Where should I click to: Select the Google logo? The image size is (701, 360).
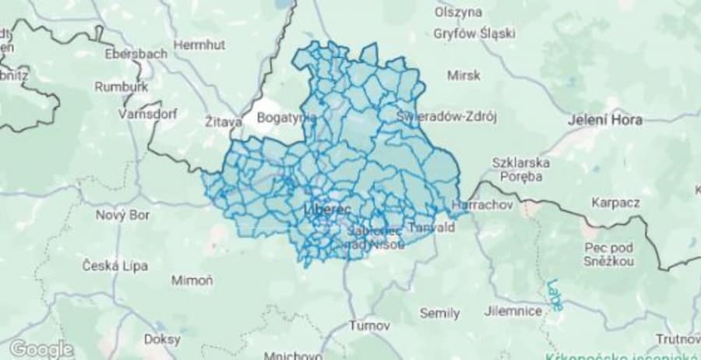pyautogui.click(x=41, y=348)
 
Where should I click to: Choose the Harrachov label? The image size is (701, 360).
pyautogui.click(x=477, y=205)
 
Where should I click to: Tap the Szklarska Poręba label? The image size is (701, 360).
pyautogui.click(x=522, y=169)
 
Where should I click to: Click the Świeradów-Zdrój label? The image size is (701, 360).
pyautogui.click(x=446, y=117)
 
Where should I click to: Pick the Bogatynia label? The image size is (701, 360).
pyautogui.click(x=287, y=118)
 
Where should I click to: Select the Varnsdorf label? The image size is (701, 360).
pyautogui.click(x=148, y=114)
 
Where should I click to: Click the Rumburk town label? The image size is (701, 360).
pyautogui.click(x=121, y=87)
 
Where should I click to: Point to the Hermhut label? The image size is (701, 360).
pyautogui.click(x=199, y=45)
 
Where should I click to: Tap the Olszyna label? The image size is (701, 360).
pyautogui.click(x=459, y=12)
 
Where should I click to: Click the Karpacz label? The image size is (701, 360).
pyautogui.click(x=615, y=203)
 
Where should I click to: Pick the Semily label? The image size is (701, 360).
pyautogui.click(x=439, y=313)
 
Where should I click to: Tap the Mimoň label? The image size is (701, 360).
pyautogui.click(x=192, y=281)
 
